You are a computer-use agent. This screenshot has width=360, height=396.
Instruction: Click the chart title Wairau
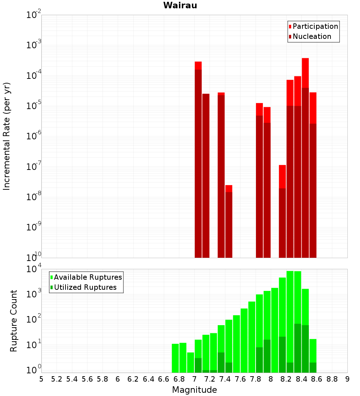coord(180,5)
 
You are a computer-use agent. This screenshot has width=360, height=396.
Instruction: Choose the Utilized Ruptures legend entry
coord(85,287)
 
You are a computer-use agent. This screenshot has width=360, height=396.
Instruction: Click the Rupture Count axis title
coord(14,321)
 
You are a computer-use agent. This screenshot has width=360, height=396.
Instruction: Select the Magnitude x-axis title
coord(194,390)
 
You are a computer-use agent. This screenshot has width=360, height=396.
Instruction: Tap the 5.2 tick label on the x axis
coord(57,379)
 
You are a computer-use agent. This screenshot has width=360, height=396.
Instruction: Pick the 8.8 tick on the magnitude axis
coord(332,379)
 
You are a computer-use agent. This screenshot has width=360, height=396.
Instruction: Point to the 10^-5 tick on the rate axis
coord(33,106)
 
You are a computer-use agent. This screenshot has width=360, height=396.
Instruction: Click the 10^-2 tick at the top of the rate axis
coord(33,15)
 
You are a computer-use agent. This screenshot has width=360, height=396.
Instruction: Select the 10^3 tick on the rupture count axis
coord(33,294)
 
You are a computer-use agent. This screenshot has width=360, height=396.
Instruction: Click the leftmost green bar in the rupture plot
coord(175,358)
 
